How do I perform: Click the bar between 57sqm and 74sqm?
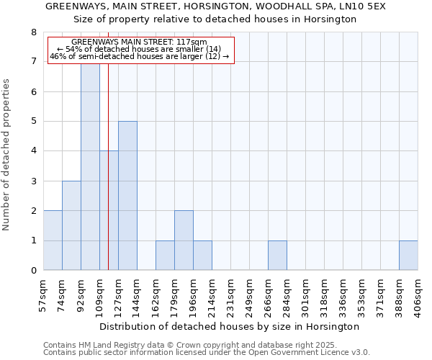tap(53, 240)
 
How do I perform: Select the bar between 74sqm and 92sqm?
tap(71, 225)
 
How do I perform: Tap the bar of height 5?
tap(127, 196)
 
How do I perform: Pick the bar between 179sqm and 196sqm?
tap(184, 240)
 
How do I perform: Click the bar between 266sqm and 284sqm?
tap(277, 256)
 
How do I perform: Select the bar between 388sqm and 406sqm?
tap(408, 256)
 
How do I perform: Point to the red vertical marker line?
tap(108, 180)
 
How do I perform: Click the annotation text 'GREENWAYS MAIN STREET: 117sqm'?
tap(140, 42)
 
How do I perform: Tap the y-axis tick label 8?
tap(33, 32)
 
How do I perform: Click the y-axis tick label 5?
tap(33, 122)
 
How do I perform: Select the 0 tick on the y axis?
tap(33, 271)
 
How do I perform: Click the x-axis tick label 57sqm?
tap(43, 293)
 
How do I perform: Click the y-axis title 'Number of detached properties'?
tap(6, 156)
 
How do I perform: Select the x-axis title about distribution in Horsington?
tap(229, 326)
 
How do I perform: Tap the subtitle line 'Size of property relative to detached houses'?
tap(215, 19)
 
